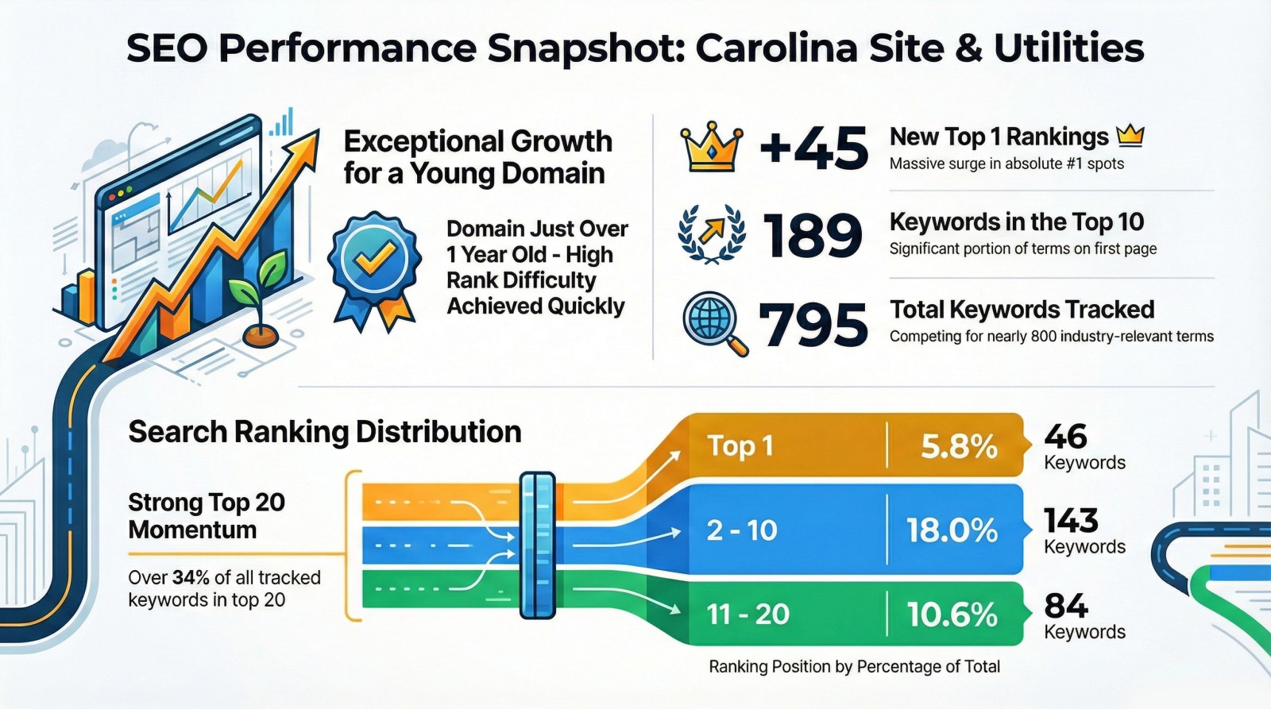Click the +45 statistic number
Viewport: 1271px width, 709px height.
coord(813,149)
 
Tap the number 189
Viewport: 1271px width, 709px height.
coord(812,236)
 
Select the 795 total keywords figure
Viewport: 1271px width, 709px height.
coord(813,325)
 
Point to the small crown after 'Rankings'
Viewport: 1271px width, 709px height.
coord(1130,137)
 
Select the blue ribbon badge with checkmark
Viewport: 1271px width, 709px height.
coord(374,266)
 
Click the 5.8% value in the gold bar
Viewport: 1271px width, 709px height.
coord(958,446)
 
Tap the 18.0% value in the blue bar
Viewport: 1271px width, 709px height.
coord(952,530)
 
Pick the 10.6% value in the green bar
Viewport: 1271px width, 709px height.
coord(952,615)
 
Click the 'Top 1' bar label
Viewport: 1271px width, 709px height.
coord(740,446)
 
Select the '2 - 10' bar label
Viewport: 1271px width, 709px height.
coord(741,530)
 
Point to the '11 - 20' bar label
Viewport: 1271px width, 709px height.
coord(748,615)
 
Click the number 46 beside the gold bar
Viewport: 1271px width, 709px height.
coord(1065,437)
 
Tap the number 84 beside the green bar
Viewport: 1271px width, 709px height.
coord(1065,607)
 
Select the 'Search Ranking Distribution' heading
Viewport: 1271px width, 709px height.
coord(325,432)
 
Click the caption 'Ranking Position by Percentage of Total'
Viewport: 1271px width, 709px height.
coord(854,667)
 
